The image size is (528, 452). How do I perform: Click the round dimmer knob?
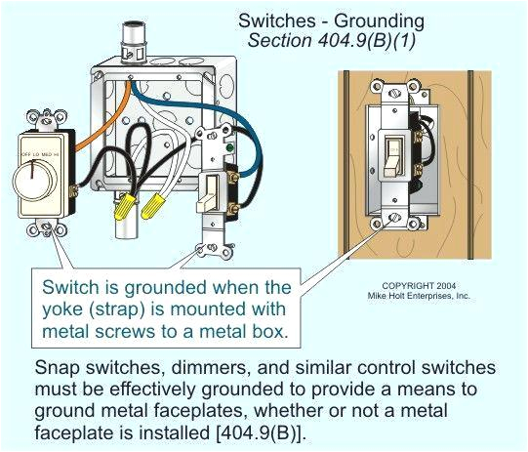point(40,180)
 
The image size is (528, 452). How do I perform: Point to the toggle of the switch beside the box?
point(209,197)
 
